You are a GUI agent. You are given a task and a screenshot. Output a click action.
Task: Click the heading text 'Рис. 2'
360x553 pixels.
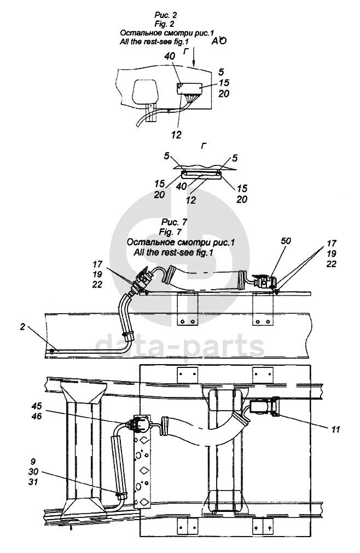coord(166,15)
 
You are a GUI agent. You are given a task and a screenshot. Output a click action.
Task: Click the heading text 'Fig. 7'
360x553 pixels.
coord(170,232)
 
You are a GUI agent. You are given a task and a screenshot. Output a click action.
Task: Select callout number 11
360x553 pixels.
coord(335,429)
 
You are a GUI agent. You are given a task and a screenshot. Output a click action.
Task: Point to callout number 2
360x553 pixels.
coord(22,327)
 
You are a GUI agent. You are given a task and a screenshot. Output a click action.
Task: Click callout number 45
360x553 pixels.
coord(36,406)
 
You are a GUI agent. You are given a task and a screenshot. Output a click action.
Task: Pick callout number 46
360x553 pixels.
coord(36,416)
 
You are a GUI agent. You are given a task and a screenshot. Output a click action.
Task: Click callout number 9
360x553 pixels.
coord(33,462)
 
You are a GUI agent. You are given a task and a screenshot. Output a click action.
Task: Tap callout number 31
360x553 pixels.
coord(33,482)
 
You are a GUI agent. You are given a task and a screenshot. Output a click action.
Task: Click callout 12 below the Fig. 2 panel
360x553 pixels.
coord(176,134)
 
